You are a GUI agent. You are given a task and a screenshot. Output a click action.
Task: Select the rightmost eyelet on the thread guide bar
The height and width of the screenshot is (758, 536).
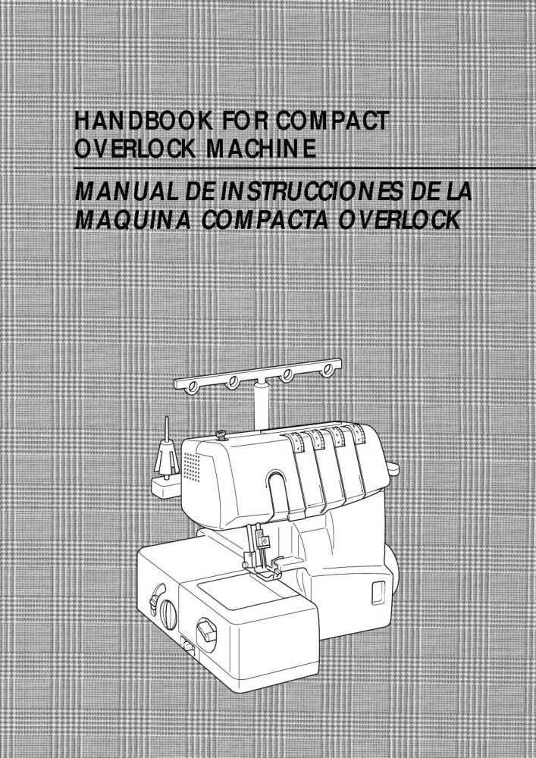(x=327, y=372)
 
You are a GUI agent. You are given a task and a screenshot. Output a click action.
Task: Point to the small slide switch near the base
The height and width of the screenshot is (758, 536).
(x=187, y=646)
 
